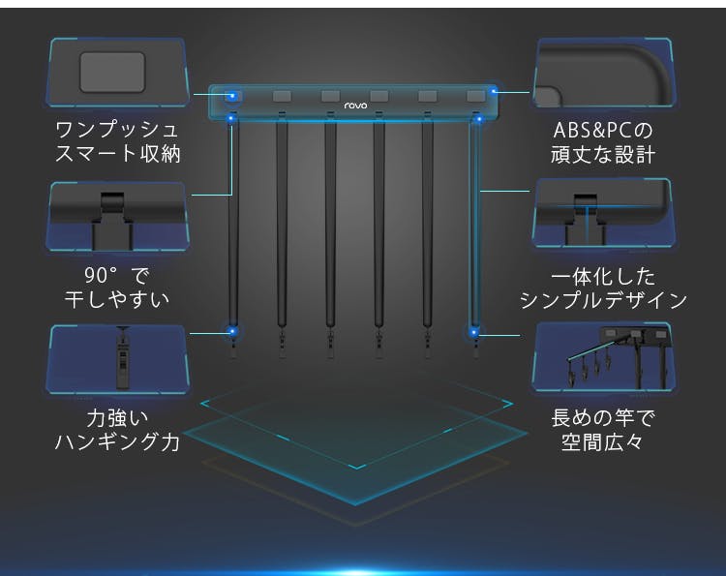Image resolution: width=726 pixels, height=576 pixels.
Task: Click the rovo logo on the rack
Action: coord(355,106)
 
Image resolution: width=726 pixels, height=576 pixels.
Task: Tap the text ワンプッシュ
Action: coord(117,130)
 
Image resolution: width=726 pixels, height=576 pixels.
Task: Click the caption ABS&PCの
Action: coord(603,130)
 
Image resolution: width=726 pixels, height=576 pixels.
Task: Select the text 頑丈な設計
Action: coord(603,154)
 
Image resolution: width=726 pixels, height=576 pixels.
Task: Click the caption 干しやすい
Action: coord(117,299)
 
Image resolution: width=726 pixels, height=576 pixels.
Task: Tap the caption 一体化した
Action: coord(603,277)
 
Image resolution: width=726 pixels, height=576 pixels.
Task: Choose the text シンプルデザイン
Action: coord(603,300)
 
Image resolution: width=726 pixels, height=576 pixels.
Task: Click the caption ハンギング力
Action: coord(117,442)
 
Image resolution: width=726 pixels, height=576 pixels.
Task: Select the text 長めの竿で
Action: coord(603,418)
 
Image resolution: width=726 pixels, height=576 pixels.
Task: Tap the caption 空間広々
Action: coord(603,442)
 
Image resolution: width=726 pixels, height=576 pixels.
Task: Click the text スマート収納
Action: coord(117,154)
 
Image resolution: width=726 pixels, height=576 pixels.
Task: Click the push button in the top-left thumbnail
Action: coord(112,72)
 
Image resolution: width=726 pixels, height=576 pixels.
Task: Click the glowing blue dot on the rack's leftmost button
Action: coord(233,96)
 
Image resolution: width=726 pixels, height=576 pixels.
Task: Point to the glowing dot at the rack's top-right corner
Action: coord(494,91)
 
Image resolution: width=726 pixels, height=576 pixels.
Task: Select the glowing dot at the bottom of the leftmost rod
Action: coord(232,331)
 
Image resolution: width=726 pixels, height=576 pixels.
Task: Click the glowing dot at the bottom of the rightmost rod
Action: coord(473,332)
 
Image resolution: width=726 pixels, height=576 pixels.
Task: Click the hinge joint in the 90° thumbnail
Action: coord(112,203)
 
